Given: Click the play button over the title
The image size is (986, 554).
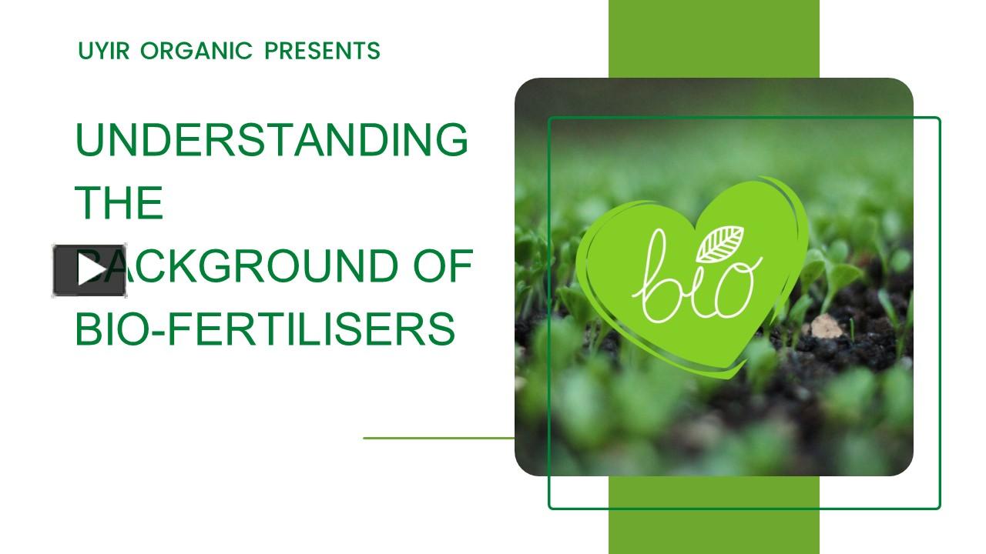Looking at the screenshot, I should tap(89, 270).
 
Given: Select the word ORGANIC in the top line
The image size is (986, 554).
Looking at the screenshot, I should tap(197, 52).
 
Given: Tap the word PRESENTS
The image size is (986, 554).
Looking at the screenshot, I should tap(322, 52).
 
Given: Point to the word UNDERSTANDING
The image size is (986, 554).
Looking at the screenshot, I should tap(271, 139).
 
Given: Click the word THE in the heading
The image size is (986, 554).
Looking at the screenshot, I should tap(119, 203).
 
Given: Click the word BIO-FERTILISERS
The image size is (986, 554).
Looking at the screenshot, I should tap(265, 329).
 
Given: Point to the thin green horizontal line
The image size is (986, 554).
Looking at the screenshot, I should tap(438, 438).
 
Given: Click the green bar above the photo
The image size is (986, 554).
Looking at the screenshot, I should tap(713, 38).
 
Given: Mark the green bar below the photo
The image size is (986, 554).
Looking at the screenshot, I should tap(713, 531).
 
